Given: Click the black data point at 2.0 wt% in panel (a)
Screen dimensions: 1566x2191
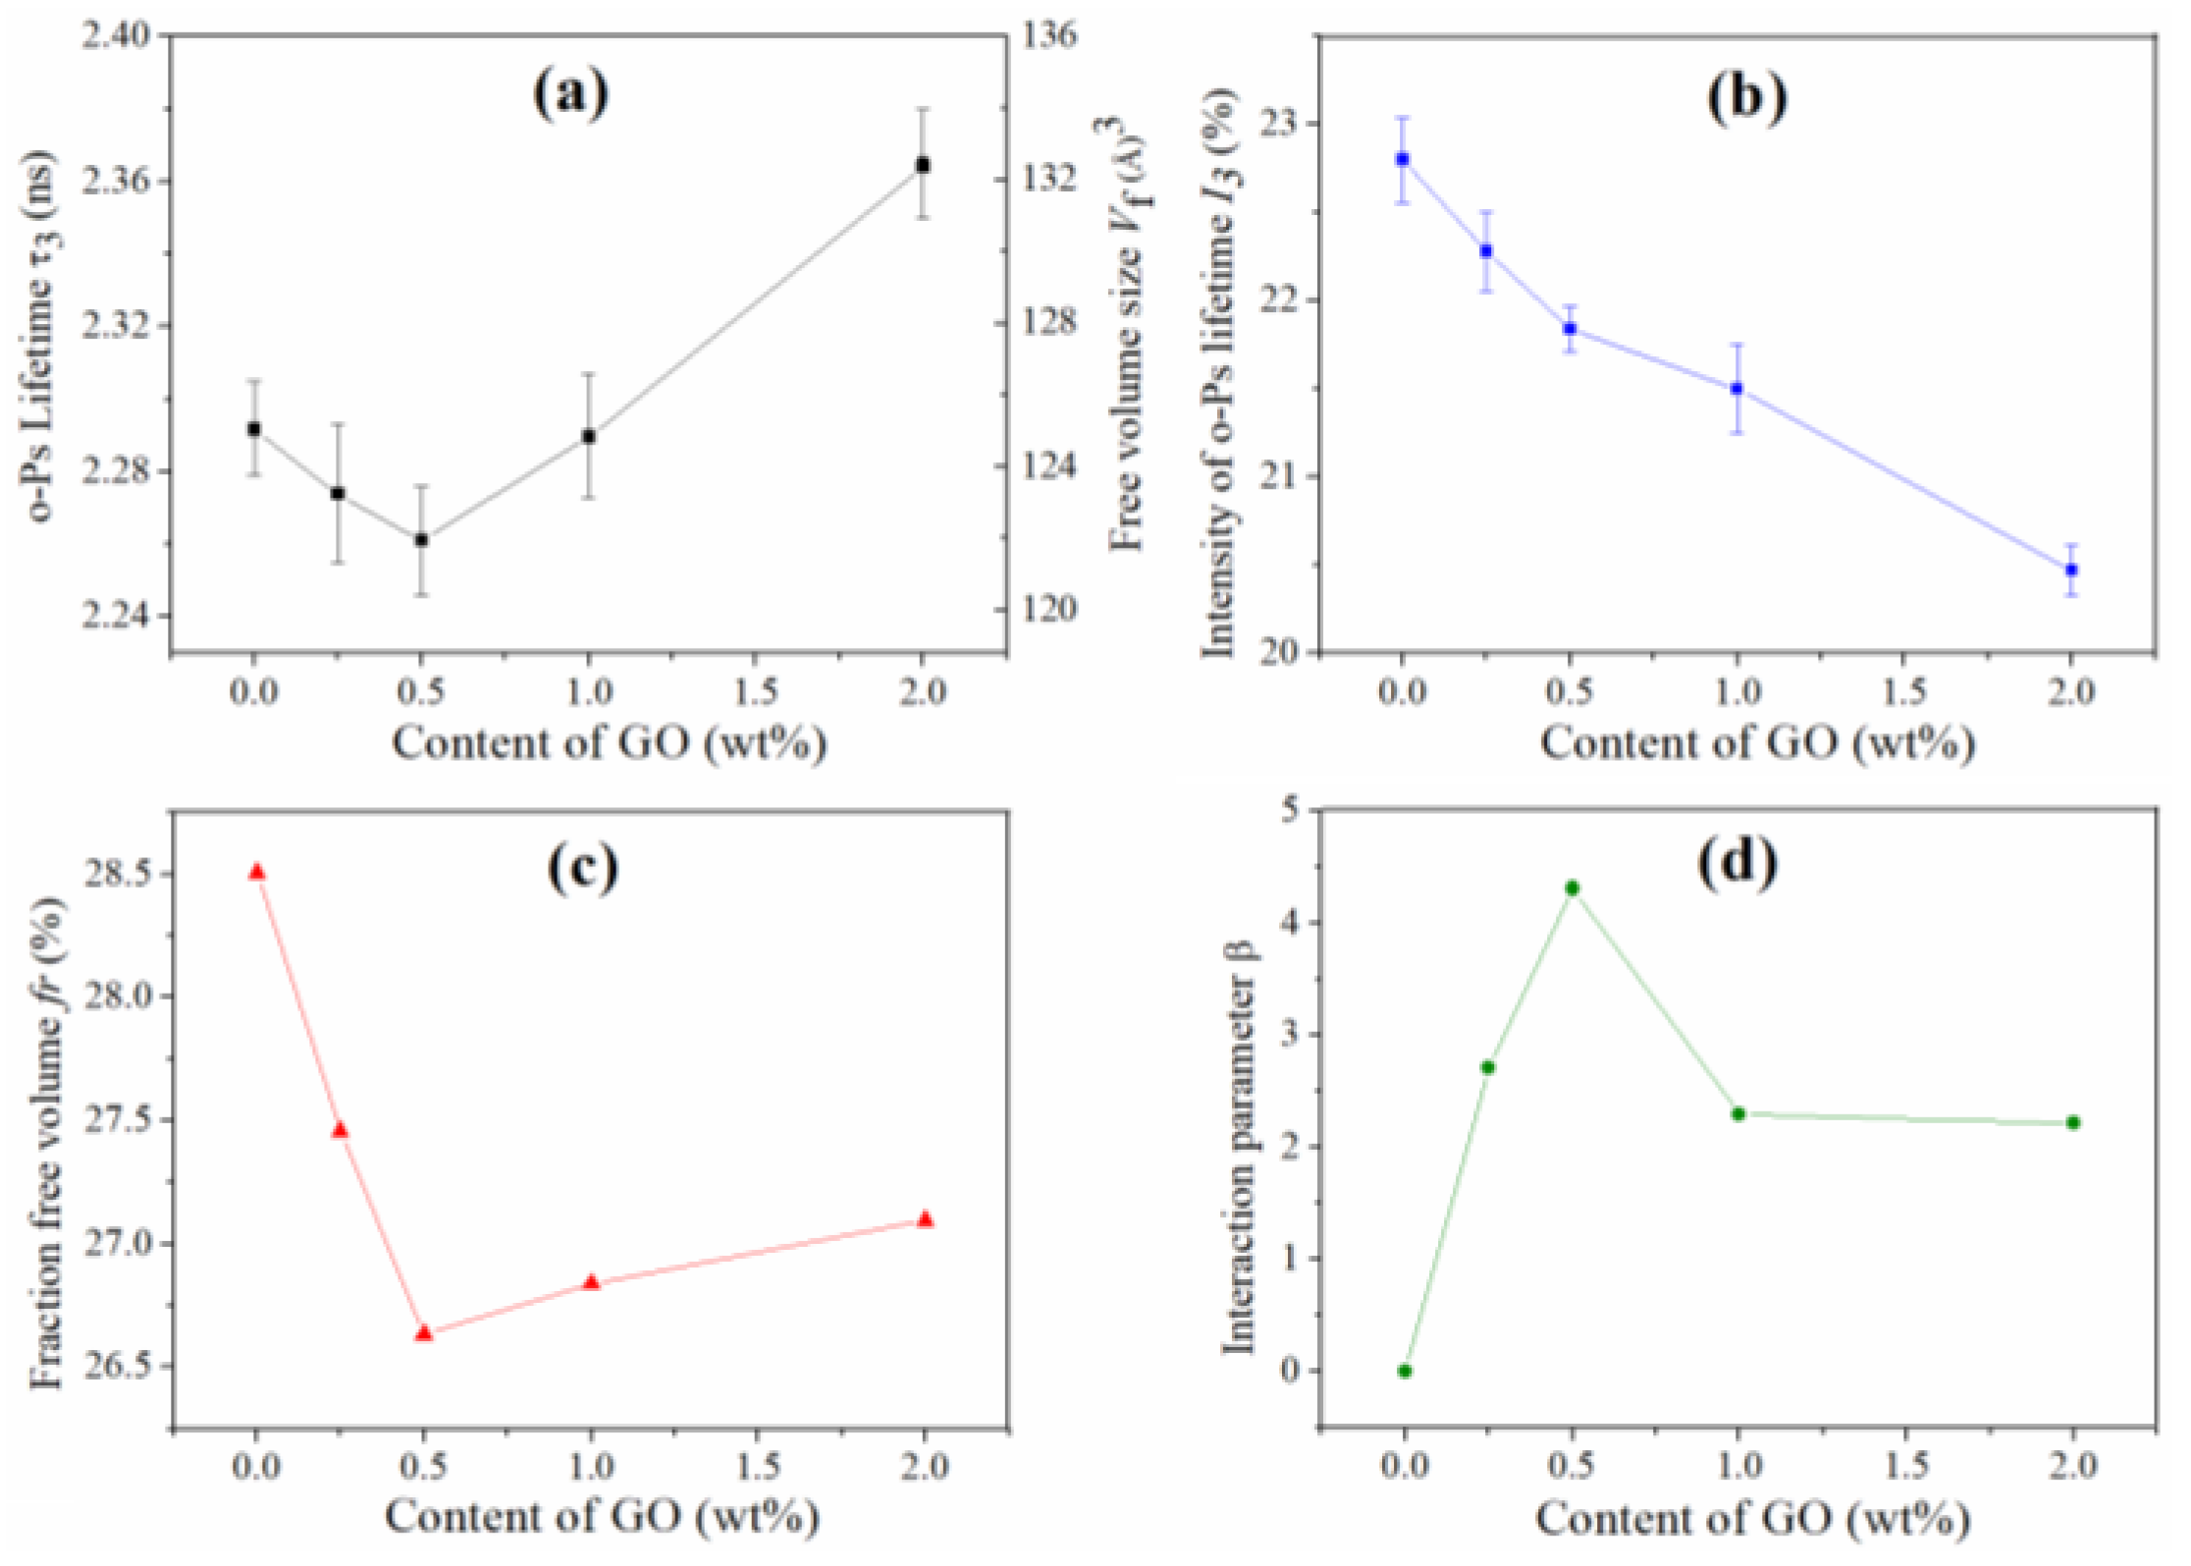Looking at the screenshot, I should tap(922, 165).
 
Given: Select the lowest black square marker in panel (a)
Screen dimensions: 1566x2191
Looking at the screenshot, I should tap(421, 540).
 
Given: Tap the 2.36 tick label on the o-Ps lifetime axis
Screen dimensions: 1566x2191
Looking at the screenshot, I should tap(117, 182).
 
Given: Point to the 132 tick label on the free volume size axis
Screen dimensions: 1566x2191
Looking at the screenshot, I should tap(1049, 179).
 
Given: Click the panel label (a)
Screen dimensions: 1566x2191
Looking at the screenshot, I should tap(570, 95).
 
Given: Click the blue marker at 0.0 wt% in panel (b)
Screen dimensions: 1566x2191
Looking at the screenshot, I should tap(1402, 159).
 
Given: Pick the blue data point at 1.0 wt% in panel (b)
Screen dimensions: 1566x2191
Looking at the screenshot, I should tap(1736, 389).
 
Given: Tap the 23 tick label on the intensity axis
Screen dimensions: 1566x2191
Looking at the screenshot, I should tap(1273, 124).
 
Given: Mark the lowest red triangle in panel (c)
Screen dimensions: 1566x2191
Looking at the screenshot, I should tap(423, 1333).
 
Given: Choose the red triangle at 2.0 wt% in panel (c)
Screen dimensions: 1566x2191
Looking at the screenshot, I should tap(925, 1219).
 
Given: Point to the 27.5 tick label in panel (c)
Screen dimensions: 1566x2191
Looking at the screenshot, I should tap(117, 1120).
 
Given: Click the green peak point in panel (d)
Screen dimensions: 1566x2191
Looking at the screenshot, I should tap(1572, 888).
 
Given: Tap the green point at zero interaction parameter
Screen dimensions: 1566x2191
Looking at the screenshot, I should tap(1405, 1371).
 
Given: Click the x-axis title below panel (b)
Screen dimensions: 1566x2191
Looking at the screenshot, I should tap(1756, 743).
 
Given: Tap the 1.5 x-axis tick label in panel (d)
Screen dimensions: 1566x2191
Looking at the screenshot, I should tap(1905, 1467).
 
